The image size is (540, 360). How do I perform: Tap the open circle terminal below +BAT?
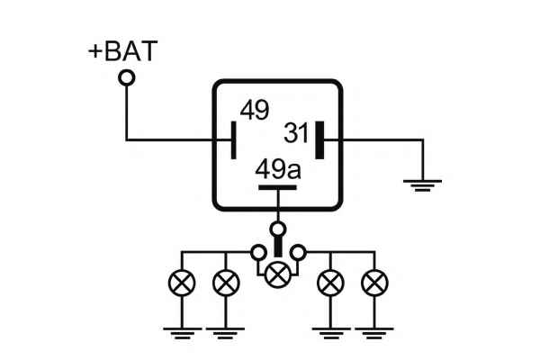(x=127, y=78)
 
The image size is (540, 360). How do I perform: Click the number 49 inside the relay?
(x=254, y=111)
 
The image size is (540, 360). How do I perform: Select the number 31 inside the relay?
(x=296, y=133)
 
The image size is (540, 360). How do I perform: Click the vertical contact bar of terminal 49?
(x=233, y=140)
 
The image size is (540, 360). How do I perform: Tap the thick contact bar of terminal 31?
(x=319, y=139)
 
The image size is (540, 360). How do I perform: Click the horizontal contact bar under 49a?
(x=278, y=188)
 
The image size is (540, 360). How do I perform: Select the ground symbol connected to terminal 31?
(x=422, y=184)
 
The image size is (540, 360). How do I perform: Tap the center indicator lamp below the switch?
(x=279, y=273)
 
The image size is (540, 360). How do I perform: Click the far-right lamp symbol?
(x=374, y=283)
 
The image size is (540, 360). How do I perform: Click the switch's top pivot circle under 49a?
(x=278, y=229)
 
